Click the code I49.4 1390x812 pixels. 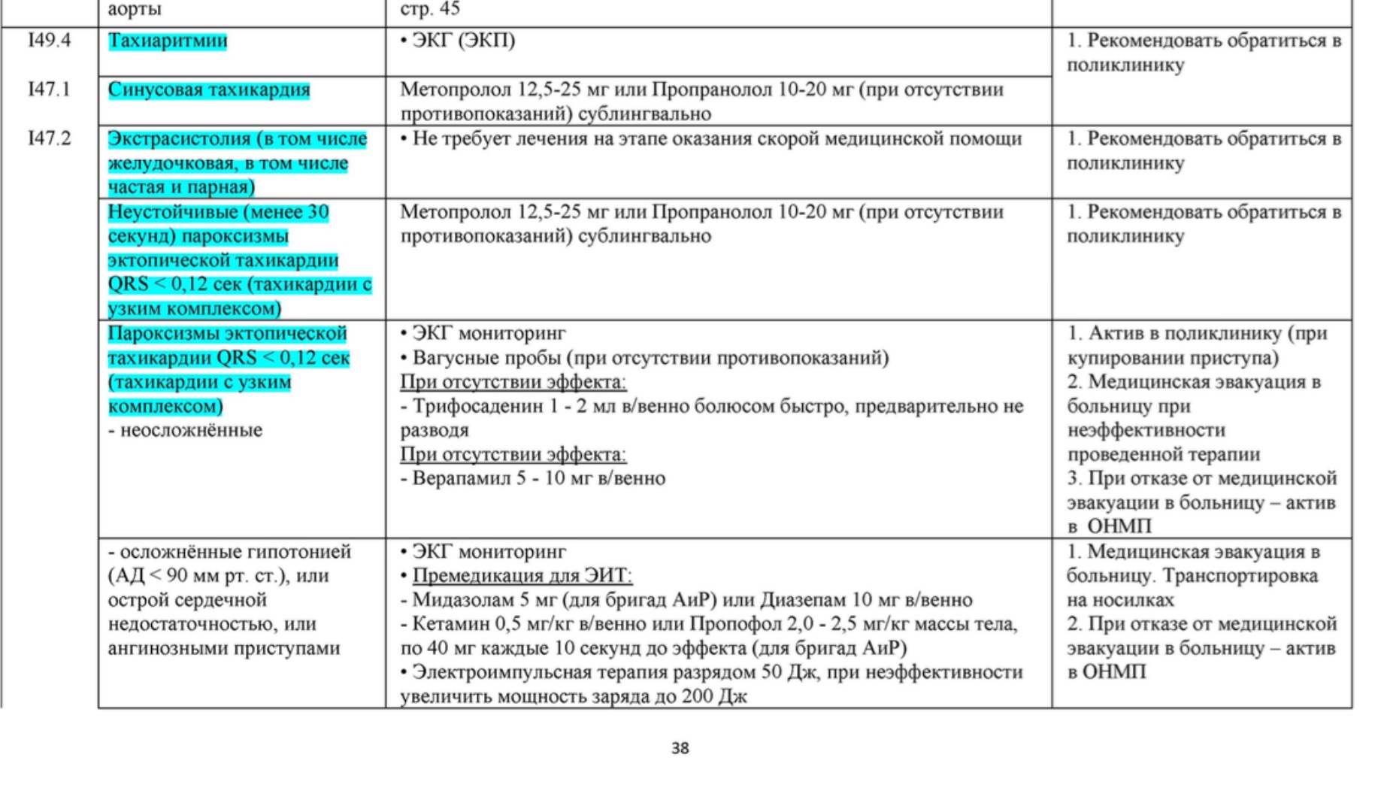pos(50,41)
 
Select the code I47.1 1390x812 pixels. pos(50,89)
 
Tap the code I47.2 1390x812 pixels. pos(50,138)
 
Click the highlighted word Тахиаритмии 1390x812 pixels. pos(168,41)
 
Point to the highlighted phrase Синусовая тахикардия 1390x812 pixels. pos(209,89)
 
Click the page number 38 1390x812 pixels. pos(680,748)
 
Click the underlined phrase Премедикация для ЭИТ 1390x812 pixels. pos(522,576)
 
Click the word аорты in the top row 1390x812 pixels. pos(135,10)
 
